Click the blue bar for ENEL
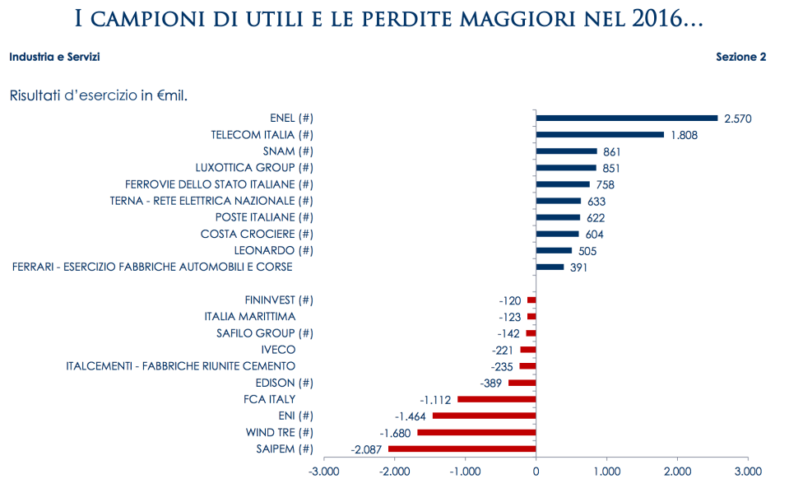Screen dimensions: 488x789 pos(626,119)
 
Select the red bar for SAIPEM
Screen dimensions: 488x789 pos(462,448)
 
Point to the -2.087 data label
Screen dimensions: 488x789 pos(367,449)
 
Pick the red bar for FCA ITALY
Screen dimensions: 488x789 pos(496,399)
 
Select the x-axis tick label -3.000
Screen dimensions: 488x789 pos(323,472)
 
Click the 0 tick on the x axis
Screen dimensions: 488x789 pos(536,472)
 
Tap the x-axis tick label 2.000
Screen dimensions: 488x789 pos(677,472)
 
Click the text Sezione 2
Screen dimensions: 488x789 pos(740,58)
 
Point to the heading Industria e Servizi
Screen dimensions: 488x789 pos(55,58)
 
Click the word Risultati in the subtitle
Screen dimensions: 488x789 pos(38,95)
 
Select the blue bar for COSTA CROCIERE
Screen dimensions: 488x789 pos(557,234)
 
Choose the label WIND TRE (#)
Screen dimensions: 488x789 pos(280,432)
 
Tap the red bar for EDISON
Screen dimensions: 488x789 pos(522,383)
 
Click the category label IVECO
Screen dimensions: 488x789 pos(278,350)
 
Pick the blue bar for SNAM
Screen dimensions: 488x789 pos(566,151)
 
